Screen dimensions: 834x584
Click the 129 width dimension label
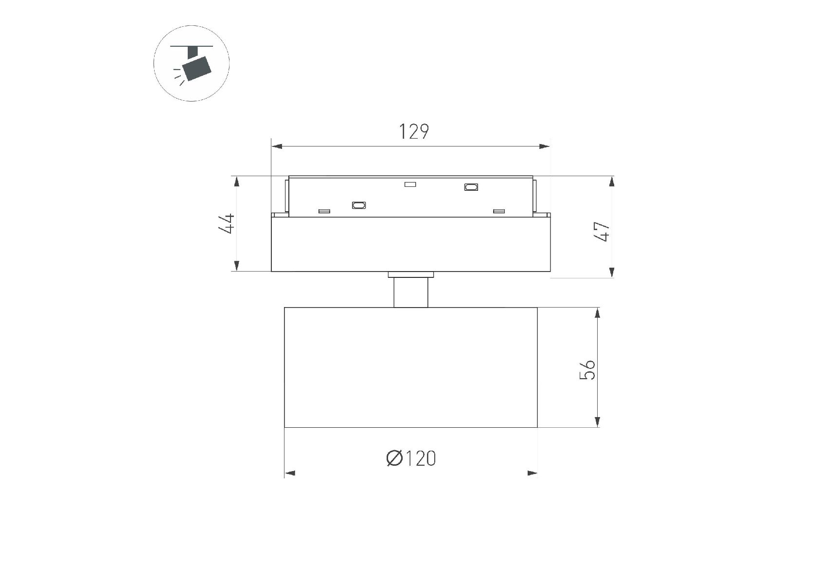[x=414, y=131]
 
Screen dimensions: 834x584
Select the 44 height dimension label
[x=227, y=223]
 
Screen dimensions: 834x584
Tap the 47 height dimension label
[x=602, y=231]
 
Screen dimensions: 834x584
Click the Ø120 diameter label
[x=411, y=458]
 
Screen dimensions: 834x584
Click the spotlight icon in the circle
[x=192, y=63]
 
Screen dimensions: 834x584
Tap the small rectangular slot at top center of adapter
[x=410, y=184]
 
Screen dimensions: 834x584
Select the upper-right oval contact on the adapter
[x=471, y=186]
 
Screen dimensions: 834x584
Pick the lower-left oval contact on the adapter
[x=359, y=205]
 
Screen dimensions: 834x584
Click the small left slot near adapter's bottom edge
[x=324, y=211]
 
